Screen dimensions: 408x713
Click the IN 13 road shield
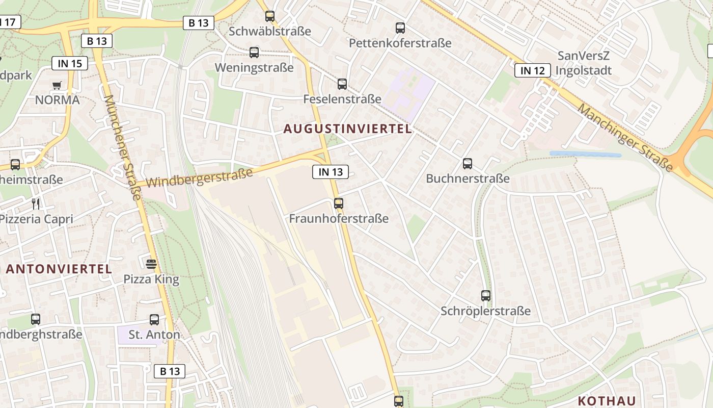click(x=331, y=172)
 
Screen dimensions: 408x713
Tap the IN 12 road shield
click(x=532, y=70)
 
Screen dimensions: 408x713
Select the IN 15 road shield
click(x=70, y=63)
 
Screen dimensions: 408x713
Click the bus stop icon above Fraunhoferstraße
click(x=339, y=203)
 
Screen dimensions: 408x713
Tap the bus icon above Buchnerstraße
click(x=468, y=164)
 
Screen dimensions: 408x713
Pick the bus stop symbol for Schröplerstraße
click(x=486, y=296)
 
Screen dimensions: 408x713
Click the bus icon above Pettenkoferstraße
click(x=400, y=28)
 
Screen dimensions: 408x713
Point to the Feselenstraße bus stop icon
click(x=342, y=84)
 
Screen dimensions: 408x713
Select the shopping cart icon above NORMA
click(x=57, y=85)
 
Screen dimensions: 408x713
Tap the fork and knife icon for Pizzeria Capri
click(x=36, y=204)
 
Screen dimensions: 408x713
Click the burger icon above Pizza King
click(x=151, y=264)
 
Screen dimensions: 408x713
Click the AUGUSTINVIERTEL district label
click(x=347, y=129)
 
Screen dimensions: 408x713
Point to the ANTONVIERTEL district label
click(x=59, y=269)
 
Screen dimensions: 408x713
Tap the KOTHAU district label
click(x=607, y=400)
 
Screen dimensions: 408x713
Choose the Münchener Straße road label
click(x=123, y=147)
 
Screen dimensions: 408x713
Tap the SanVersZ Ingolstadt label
click(x=583, y=63)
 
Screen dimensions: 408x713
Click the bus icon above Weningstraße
click(x=254, y=53)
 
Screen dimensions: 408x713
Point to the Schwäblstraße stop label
click(x=270, y=31)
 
